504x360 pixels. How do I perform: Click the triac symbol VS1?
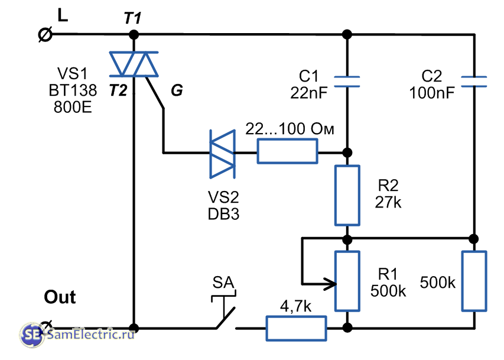135,64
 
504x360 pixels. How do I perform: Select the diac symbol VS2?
223,154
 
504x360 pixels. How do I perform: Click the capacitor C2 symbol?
474,82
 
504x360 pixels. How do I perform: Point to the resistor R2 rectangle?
347,195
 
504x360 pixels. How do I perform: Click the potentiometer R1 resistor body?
347,281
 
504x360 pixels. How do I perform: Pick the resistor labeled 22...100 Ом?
287,154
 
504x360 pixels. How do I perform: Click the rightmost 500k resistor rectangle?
474,281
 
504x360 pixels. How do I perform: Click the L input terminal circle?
44,35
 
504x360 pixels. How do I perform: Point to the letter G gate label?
177,90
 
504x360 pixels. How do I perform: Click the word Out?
60,297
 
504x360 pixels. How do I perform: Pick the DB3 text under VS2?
223,215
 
